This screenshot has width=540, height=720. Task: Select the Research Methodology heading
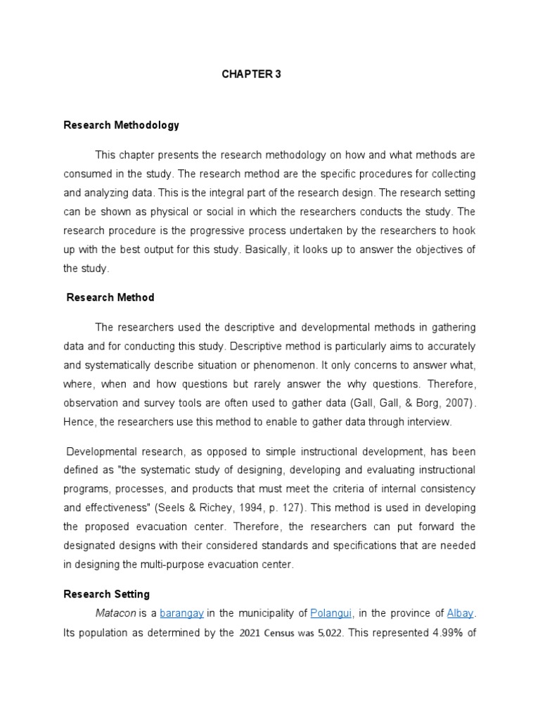tap(121, 125)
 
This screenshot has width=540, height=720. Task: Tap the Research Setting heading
tap(106, 594)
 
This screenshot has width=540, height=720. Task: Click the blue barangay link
tap(182, 613)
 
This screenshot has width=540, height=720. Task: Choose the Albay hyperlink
tap(461, 613)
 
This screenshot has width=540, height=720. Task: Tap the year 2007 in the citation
tap(459, 404)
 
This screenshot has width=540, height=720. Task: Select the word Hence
tap(78, 422)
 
